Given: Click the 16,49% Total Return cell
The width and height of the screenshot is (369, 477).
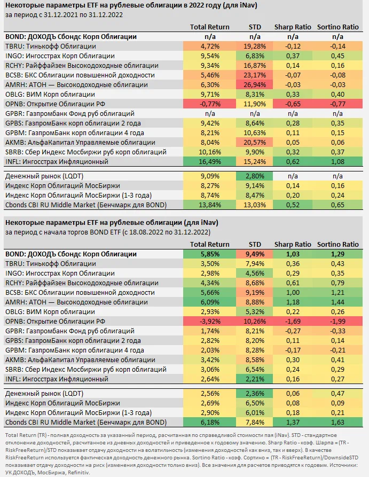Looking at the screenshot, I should click(x=210, y=161).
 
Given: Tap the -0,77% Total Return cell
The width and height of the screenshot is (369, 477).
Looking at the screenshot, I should click(x=210, y=104).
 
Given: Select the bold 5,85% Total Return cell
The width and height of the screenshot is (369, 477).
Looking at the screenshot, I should click(x=210, y=254).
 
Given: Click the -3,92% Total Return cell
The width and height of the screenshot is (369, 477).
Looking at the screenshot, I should click(x=210, y=322).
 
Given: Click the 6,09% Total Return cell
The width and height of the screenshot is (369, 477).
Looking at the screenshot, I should click(x=210, y=302).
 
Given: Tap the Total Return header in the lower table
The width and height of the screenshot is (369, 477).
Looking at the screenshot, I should click(x=210, y=244).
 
